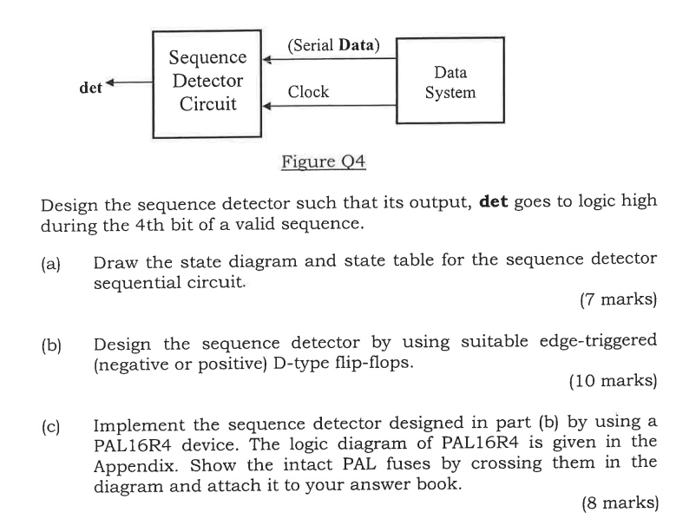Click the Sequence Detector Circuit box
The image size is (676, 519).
207,82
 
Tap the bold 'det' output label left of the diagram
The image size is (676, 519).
90,88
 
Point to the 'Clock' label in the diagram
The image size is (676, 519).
308,92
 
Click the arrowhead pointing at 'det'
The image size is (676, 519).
111,86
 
